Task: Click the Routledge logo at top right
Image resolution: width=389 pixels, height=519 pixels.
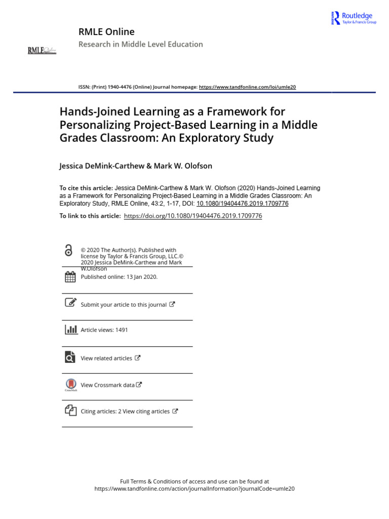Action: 353,18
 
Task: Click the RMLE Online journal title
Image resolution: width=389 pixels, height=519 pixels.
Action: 106,32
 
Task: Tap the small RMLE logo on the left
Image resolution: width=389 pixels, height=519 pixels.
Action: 42,50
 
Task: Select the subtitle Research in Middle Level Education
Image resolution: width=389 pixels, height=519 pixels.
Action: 140,44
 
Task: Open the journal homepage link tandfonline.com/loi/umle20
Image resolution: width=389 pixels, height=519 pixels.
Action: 247,87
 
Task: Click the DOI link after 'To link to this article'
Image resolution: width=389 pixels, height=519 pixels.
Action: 192,216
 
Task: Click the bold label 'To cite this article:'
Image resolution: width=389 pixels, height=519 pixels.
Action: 86,188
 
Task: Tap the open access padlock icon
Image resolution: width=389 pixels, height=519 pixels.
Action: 69,250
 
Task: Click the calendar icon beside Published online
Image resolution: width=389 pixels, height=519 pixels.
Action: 70,277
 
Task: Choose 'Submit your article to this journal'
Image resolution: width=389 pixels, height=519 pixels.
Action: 124,305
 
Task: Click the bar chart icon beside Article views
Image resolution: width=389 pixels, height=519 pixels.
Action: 70,329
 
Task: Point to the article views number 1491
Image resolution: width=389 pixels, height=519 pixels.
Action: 122,330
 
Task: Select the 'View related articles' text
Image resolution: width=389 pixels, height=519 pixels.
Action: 106,358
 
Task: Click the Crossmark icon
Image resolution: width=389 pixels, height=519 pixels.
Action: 70,385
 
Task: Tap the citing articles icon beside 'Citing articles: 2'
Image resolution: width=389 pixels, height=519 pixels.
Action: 70,411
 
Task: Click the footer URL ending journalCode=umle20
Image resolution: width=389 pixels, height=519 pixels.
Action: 194,489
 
